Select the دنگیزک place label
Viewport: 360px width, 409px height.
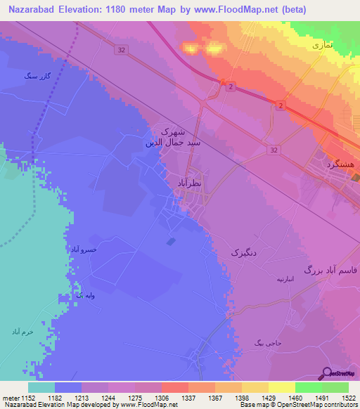click(x=245, y=251)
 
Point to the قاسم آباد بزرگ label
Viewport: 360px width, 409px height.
click(x=330, y=269)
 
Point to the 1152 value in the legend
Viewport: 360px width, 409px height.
click(x=28, y=397)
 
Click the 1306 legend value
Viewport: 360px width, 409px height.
click(x=162, y=397)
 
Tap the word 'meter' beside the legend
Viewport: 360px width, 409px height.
click(x=10, y=397)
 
